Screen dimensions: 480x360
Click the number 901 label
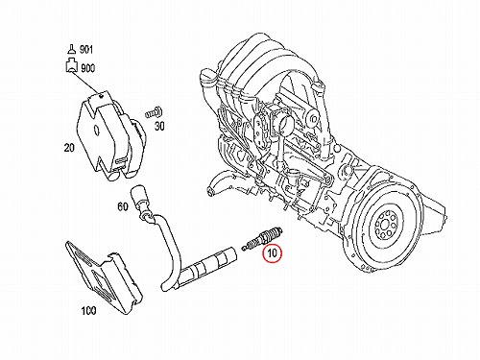pos(86,49)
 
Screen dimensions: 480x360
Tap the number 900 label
pos(87,68)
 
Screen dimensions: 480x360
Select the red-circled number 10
pos(272,253)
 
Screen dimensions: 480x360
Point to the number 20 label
pos(69,148)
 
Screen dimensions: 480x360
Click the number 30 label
pos(159,126)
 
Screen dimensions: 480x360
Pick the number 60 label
pos(123,206)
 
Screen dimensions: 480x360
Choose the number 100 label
pos(88,310)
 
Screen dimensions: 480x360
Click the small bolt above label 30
pos(154,112)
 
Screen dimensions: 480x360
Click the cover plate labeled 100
pos(103,276)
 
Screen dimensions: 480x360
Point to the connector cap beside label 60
pos(137,196)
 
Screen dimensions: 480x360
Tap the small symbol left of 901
pos(72,50)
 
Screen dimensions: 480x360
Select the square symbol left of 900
pos(72,66)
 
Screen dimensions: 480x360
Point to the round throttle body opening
pos(284,122)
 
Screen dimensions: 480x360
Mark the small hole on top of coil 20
pos(101,95)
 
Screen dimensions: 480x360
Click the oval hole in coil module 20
pos(96,130)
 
